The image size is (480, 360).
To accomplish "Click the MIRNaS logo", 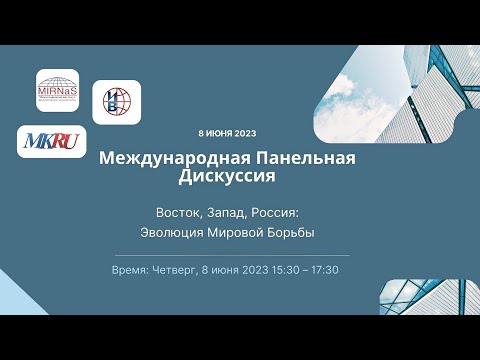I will click(x=57, y=90).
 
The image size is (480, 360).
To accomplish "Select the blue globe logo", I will click(x=116, y=101).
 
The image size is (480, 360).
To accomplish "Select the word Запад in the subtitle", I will click(x=223, y=212).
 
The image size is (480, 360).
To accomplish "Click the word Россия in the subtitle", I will click(x=275, y=212).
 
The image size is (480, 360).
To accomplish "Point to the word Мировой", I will click(x=241, y=233).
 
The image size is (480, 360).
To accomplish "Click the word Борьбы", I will click(x=294, y=233).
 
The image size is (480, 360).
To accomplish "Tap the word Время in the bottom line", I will click(x=132, y=270).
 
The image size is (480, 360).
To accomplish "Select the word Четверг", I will click(x=175, y=270).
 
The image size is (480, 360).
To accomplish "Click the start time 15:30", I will click(x=285, y=270).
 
